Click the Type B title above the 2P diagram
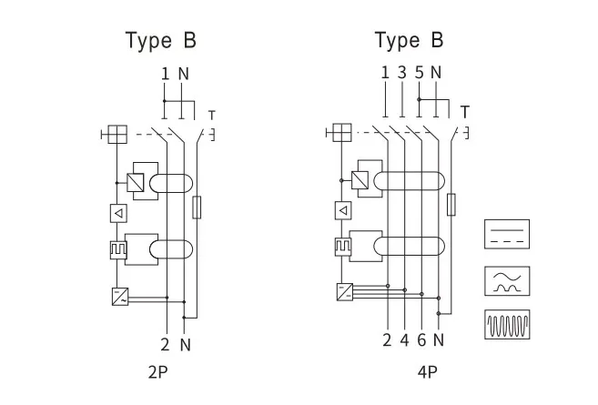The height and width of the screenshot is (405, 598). [x=160, y=40]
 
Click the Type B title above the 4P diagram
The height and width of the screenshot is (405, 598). [x=410, y=40]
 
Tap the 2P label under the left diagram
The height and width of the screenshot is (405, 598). [x=157, y=371]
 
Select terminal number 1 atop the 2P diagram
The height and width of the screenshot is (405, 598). [x=165, y=74]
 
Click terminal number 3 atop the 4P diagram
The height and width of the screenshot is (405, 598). [x=402, y=73]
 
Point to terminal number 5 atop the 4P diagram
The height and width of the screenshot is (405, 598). [x=419, y=73]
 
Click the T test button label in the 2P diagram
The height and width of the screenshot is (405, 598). [x=211, y=115]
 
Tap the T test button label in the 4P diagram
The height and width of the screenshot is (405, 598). [x=465, y=112]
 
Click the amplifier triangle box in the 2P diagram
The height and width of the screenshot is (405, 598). [x=117, y=213]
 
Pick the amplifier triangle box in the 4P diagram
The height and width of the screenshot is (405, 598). [x=342, y=211]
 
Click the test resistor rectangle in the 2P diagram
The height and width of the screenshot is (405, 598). [x=198, y=207]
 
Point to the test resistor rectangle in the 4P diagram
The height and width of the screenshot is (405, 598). [x=451, y=204]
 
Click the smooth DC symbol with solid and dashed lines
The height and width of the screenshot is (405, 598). [x=507, y=233]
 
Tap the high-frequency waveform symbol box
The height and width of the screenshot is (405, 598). [x=507, y=324]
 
